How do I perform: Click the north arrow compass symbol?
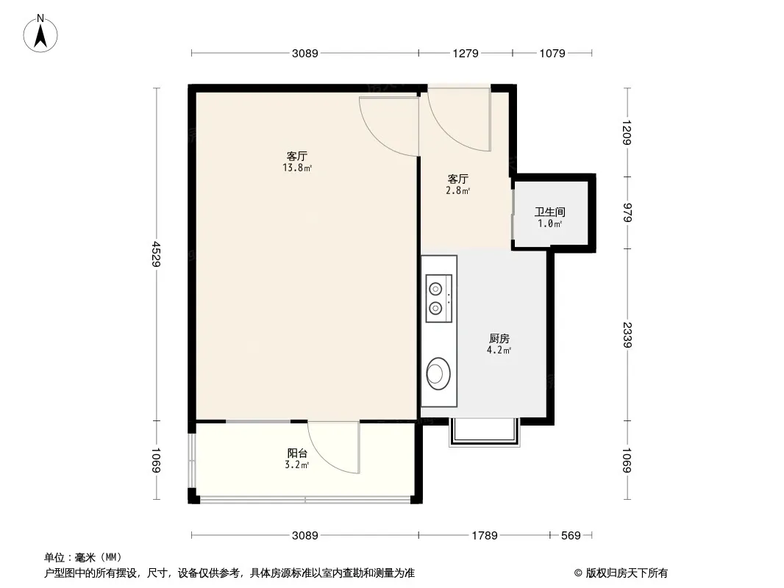tap(40, 34)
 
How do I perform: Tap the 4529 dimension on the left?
tap(157, 254)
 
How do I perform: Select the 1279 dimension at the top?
tap(466, 53)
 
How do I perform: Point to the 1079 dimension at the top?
tap(552, 53)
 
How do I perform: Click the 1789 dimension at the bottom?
tap(485, 536)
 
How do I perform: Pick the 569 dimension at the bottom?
tap(571, 536)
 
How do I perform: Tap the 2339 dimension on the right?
tap(627, 334)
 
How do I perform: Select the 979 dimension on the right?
tap(627, 213)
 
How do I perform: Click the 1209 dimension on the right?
tap(627, 132)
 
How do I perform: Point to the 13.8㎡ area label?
tap(297, 168)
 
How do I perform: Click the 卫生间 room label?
tap(550, 212)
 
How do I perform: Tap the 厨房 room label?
tap(499, 338)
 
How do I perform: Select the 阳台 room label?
tap(297, 453)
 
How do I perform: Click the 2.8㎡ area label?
tap(457, 191)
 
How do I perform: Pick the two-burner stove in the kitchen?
tap(438, 298)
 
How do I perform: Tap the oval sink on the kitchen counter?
tap(438, 373)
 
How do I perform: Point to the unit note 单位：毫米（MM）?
tap(83, 558)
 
